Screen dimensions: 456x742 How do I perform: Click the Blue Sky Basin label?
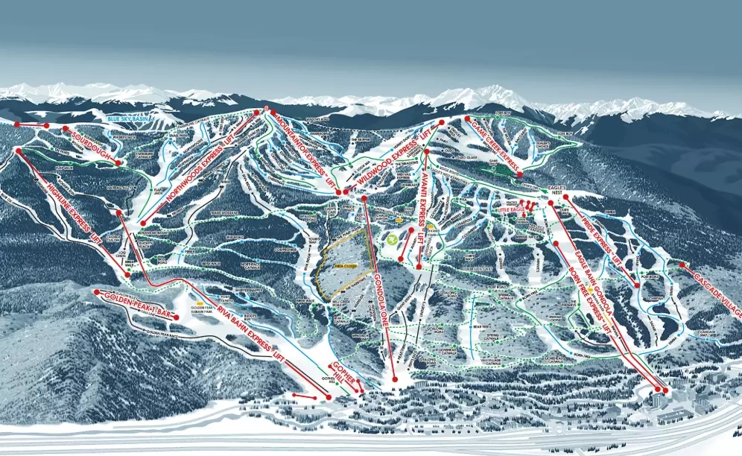pyautogui.click(x=129, y=119)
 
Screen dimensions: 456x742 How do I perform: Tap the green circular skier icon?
pyautogui.click(x=393, y=240)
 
